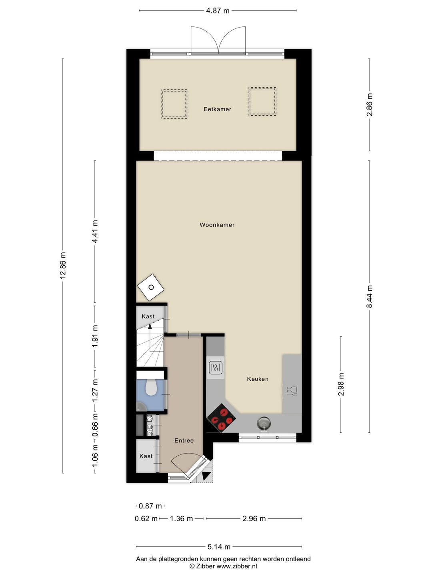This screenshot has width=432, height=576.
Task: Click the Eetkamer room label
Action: pos(217,109)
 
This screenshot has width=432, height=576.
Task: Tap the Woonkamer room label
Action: pos(217,225)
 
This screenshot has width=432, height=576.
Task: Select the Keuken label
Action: pos(258,379)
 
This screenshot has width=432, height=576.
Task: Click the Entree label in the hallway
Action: pos(184,440)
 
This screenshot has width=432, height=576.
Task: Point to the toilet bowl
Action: pos(151,388)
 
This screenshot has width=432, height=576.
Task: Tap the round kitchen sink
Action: pos(263,422)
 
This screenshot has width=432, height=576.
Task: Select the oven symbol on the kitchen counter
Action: pos(216,368)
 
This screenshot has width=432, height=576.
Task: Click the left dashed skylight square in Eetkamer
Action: pos(174,104)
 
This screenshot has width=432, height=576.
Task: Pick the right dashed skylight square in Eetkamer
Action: pos(262,102)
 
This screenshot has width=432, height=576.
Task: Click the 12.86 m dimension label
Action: pos(63,266)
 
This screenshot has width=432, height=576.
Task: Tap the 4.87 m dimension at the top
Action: pos(218,11)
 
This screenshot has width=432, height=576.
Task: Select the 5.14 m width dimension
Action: pos(219,546)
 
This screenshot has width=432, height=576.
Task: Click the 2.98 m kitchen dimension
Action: pos(341,384)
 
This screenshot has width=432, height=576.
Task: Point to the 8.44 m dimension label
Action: pos(369,296)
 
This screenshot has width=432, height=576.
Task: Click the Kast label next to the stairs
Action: pos(148,316)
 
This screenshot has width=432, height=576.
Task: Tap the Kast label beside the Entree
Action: pos(146,456)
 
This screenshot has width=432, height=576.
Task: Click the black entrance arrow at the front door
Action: pos(206,476)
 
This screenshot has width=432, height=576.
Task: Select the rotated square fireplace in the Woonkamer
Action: pos(151,287)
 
